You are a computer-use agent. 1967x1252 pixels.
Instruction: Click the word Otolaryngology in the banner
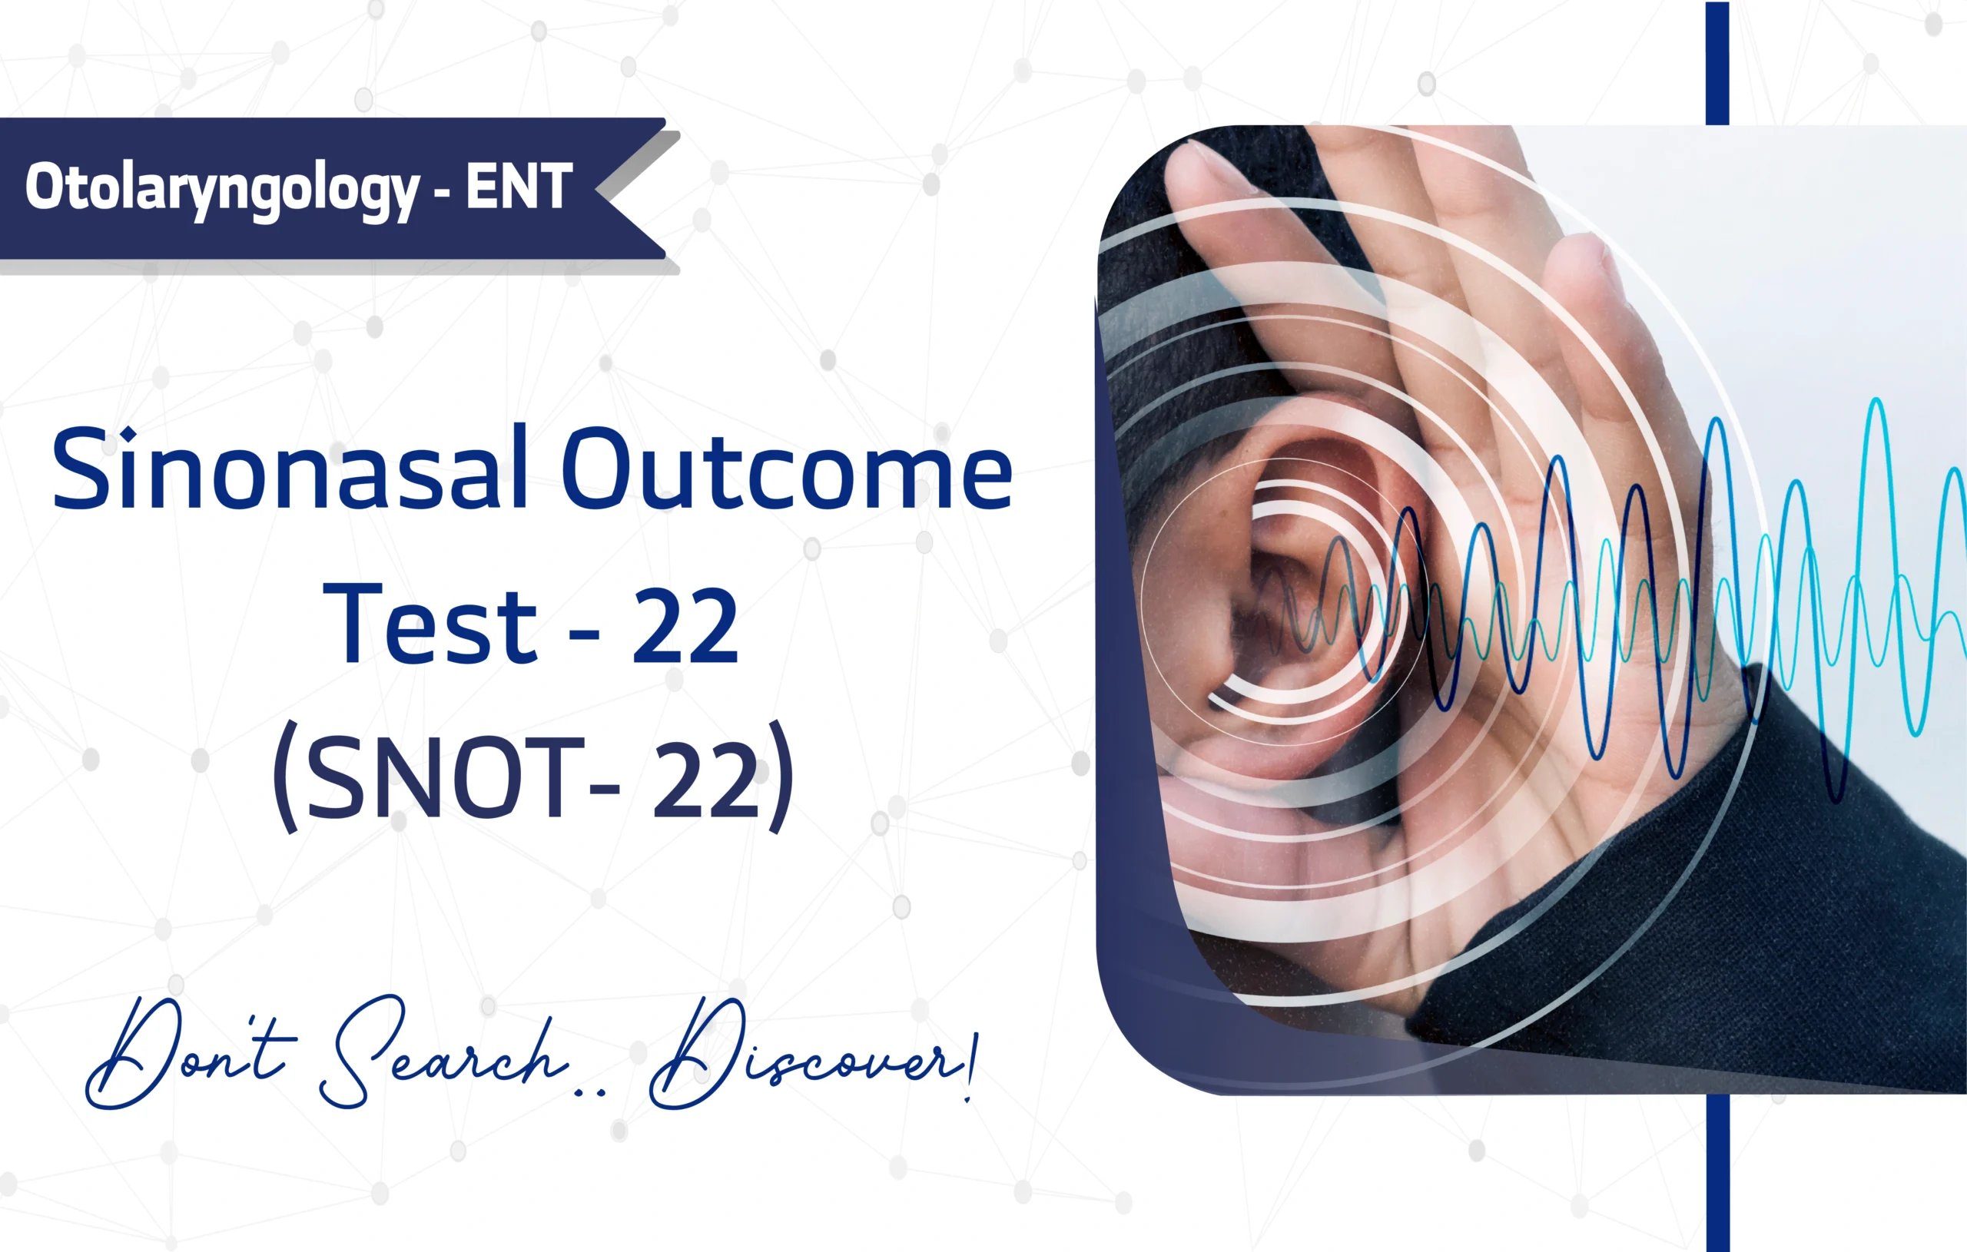221,190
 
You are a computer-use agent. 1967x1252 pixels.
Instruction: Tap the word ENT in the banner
519,186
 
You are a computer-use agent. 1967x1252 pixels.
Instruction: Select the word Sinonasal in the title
289,468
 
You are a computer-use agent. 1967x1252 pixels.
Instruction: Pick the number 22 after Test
685,624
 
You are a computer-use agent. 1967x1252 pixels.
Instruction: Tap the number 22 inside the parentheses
707,777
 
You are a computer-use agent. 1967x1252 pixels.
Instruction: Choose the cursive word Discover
804,1055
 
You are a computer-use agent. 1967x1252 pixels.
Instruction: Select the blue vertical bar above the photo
1717,63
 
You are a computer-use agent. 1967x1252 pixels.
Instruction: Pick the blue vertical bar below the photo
1718,1173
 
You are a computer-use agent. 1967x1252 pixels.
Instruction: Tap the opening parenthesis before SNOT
286,775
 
